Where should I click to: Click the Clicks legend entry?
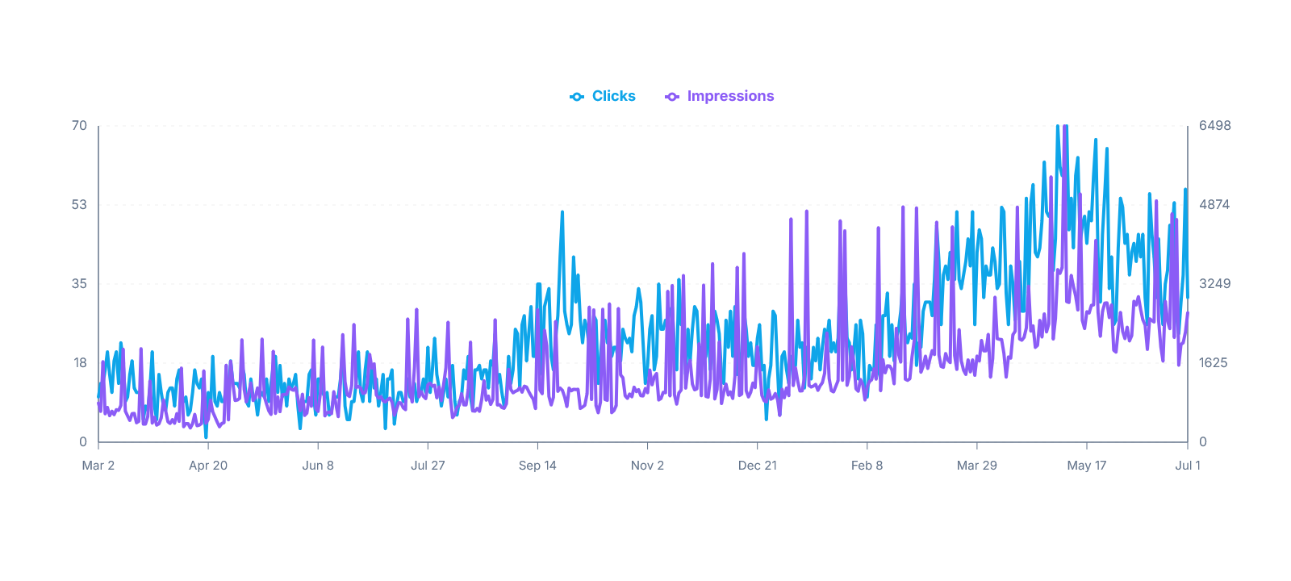(x=602, y=96)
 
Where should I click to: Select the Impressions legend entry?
(x=719, y=96)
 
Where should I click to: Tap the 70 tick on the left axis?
(x=80, y=126)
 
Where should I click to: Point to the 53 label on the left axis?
(x=80, y=205)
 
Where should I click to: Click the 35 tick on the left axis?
(x=80, y=283)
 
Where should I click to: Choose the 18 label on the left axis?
(x=80, y=362)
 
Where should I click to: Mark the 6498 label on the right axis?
(x=1215, y=126)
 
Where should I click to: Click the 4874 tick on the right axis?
(x=1214, y=205)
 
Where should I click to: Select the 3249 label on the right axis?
(x=1215, y=283)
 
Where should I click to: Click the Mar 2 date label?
(x=98, y=466)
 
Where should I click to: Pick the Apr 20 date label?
(x=208, y=466)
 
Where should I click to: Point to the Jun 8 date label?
(x=318, y=466)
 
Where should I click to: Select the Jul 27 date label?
(x=428, y=466)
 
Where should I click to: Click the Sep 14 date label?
(x=537, y=466)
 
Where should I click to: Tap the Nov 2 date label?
(x=647, y=466)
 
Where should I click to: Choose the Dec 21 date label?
(x=758, y=466)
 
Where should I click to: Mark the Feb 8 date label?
(x=867, y=466)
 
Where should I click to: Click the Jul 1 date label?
(x=1188, y=466)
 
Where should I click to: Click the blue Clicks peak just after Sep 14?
(x=562, y=213)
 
